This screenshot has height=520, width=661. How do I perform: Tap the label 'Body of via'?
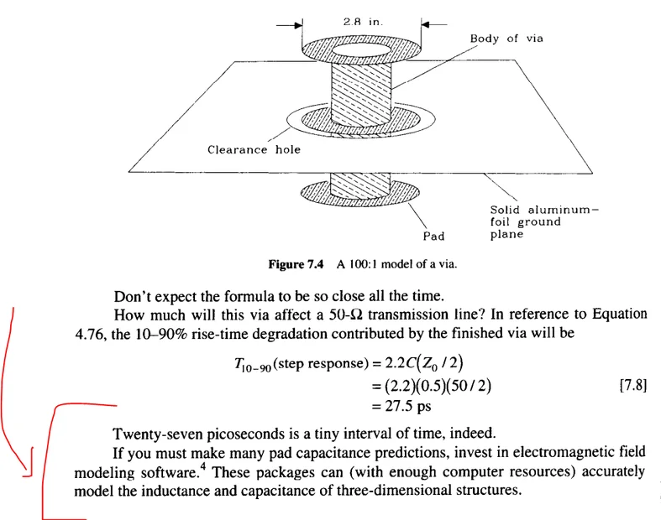[506, 39]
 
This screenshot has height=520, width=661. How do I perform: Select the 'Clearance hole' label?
[254, 150]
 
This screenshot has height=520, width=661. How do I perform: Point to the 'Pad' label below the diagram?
[433, 237]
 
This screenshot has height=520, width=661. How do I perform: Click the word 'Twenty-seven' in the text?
[153, 435]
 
